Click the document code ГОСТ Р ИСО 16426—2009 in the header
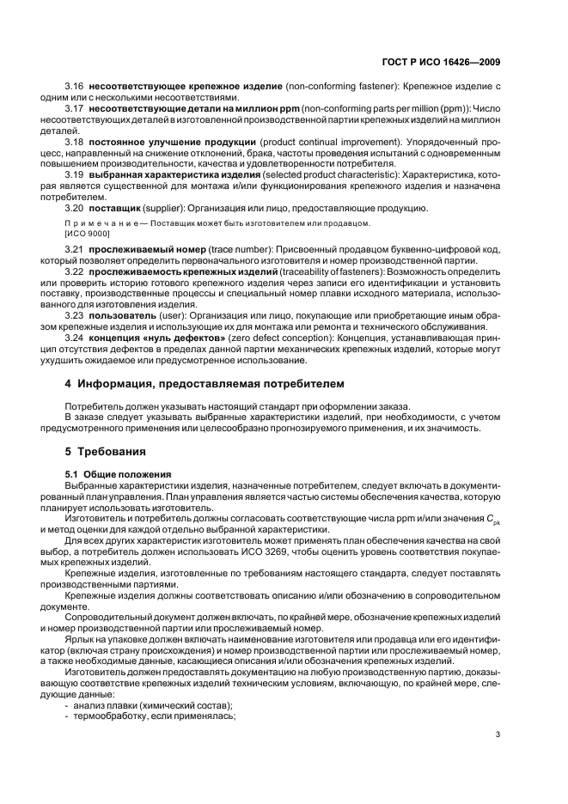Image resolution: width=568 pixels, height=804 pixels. coord(447,61)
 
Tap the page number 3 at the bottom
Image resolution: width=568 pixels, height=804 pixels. coord(498,734)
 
